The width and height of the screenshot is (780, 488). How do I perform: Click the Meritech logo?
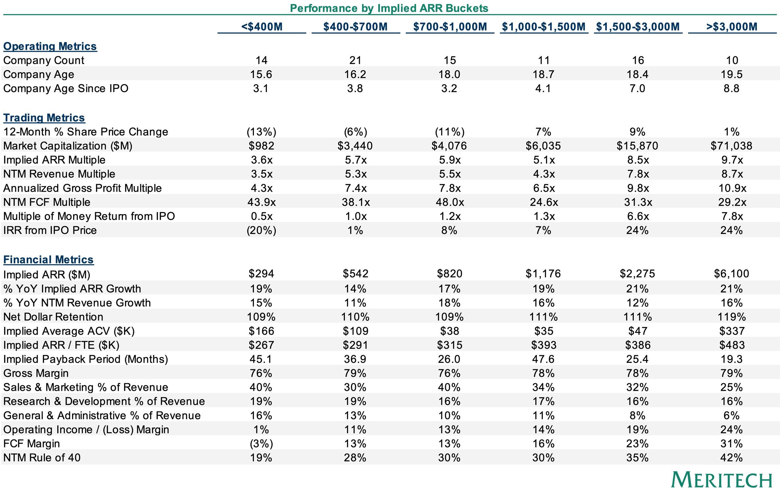click(721, 480)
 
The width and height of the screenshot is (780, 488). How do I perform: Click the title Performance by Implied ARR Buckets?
click(389, 8)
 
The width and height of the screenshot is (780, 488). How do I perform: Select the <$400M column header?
click(262, 26)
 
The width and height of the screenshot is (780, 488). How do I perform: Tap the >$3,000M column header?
click(732, 26)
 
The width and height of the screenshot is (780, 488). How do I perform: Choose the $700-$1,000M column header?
click(450, 26)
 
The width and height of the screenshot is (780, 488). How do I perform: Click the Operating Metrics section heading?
click(50, 46)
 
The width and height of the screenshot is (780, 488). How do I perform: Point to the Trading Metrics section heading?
click(44, 117)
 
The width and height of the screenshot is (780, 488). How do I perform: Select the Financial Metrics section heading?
click(48, 260)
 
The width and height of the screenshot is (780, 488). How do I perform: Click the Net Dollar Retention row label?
click(53, 317)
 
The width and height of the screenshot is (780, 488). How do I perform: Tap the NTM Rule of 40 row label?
click(42, 458)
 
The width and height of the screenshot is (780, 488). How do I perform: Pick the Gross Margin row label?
click(36, 373)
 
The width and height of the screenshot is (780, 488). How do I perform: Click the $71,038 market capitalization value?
click(732, 146)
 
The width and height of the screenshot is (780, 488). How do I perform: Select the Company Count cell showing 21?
click(356, 60)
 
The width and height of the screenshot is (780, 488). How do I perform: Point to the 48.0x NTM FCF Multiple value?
click(450, 202)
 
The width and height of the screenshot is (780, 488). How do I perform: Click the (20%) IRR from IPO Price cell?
click(262, 230)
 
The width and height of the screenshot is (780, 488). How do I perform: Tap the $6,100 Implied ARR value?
click(732, 274)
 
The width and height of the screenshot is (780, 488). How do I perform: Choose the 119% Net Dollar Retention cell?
click(732, 317)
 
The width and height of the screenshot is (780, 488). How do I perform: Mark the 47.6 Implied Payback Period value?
click(544, 359)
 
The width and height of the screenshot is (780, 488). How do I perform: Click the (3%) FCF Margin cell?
click(261, 444)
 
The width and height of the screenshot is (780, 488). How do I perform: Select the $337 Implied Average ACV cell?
click(732, 331)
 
